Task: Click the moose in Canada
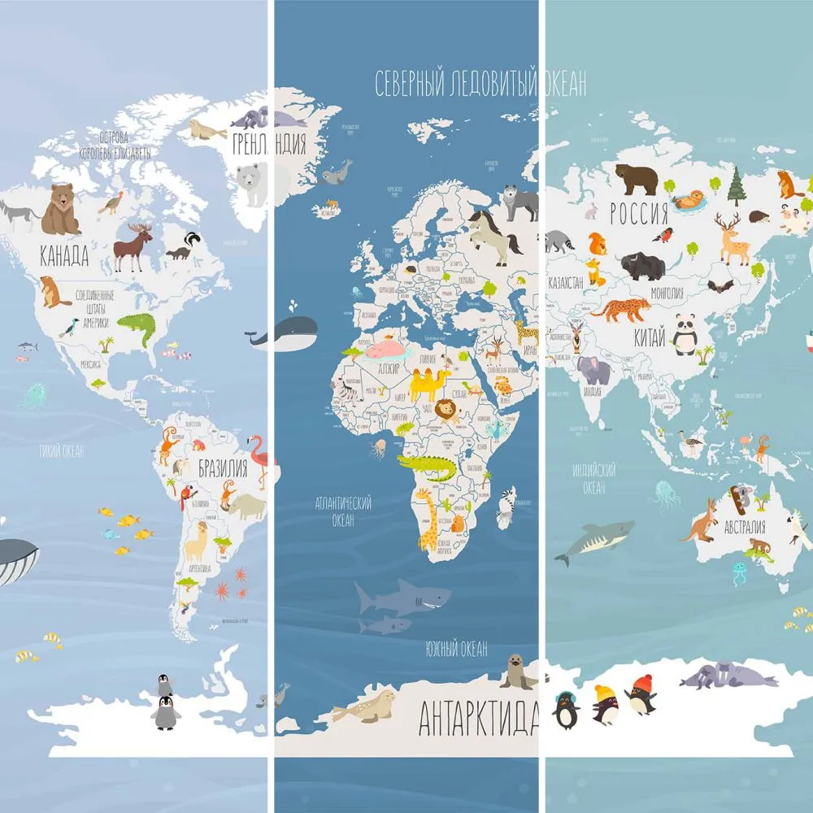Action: point(133,246)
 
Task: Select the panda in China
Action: point(685,333)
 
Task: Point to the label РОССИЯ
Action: point(639,214)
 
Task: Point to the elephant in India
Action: point(593,370)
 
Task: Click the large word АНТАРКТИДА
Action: point(478,717)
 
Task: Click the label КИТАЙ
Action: point(647,334)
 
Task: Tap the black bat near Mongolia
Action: point(720,286)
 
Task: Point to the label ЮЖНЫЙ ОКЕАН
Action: point(456,649)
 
